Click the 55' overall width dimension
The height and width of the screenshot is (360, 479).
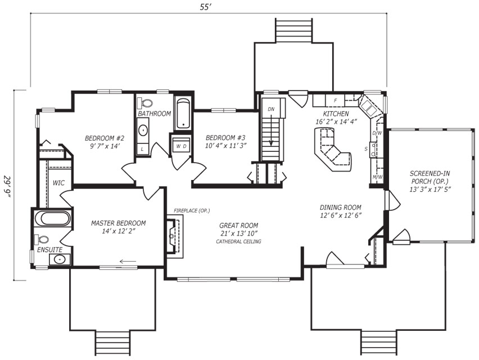pyautogui.click(x=206, y=7)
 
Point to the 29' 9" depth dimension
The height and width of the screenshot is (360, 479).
pyautogui.click(x=7, y=187)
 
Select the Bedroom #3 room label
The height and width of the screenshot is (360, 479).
pyautogui.click(x=225, y=142)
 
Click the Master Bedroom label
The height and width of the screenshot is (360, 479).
pyautogui.click(x=118, y=227)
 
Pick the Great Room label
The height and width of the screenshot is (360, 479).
pyautogui.click(x=238, y=229)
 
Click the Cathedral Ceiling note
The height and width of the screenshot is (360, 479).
pyautogui.click(x=238, y=241)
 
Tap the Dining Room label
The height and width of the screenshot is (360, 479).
pyautogui.click(x=341, y=211)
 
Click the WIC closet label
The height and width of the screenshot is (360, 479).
pyautogui.click(x=58, y=183)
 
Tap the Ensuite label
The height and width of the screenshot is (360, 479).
pyautogui.click(x=50, y=250)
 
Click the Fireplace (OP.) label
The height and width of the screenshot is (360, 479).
pyautogui.click(x=192, y=210)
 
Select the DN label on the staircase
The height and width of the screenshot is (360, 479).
pyautogui.click(x=271, y=109)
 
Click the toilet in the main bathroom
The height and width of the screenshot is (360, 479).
pyautogui.click(x=145, y=103)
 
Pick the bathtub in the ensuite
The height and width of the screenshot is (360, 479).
pyautogui.click(x=52, y=218)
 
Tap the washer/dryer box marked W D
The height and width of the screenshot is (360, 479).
pyautogui.click(x=182, y=146)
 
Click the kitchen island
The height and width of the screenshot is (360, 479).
pyautogui.click(x=333, y=150)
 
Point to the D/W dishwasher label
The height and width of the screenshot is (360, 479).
pyautogui.click(x=377, y=133)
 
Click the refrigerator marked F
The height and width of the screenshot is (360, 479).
pyautogui.click(x=335, y=100)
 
